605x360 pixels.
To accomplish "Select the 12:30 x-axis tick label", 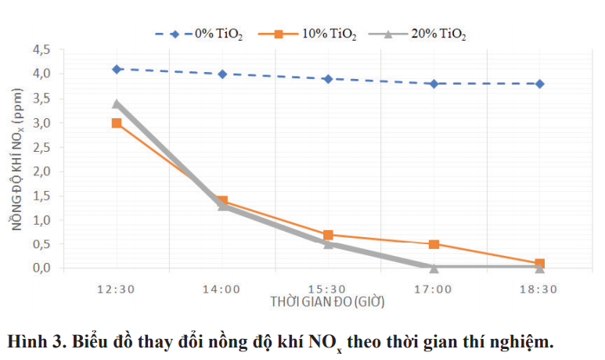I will click(117, 288).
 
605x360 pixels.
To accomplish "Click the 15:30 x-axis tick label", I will click(328, 288).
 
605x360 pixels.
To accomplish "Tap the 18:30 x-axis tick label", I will click(540, 288).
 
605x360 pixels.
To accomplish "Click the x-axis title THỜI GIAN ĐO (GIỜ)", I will click(328, 301).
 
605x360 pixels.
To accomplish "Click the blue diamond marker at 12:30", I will click(117, 69).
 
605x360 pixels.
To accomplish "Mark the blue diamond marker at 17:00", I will click(434, 84).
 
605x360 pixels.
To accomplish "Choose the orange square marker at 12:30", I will click(117, 123).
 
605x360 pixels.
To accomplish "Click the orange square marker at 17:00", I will click(434, 244).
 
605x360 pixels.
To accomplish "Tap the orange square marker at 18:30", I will click(540, 264).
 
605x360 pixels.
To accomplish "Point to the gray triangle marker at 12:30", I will click(117, 103).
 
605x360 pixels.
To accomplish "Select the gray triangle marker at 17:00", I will click(434, 268).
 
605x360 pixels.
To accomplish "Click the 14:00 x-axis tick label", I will click(222, 288).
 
